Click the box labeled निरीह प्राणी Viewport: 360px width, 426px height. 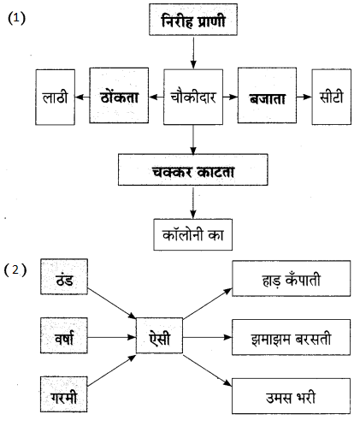coord(193,20)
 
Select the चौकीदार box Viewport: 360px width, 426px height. coord(193,97)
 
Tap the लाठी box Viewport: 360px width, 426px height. coord(55,98)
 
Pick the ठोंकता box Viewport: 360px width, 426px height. coord(119,96)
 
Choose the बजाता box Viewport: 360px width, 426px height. coord(267,96)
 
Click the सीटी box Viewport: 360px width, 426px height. coord(331,97)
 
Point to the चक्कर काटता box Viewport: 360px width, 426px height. coord(193,170)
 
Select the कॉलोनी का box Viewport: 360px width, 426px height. coord(193,234)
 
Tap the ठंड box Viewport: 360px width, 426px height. coord(64,276)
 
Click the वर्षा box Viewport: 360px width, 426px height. coord(64,335)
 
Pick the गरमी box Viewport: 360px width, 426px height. coord(64,394)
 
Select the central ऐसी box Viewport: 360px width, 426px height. coord(159,335)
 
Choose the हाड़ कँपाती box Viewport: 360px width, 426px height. coord(291,278)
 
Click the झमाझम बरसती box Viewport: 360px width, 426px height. coord(291,337)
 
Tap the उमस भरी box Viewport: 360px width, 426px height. coord(291,396)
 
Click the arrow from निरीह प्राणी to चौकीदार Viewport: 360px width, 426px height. coord(193,53)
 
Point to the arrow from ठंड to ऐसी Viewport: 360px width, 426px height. coord(112,304)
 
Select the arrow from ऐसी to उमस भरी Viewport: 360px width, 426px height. coord(208,370)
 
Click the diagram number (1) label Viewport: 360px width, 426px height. coord(16,19)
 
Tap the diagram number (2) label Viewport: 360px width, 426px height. coord(15,270)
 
